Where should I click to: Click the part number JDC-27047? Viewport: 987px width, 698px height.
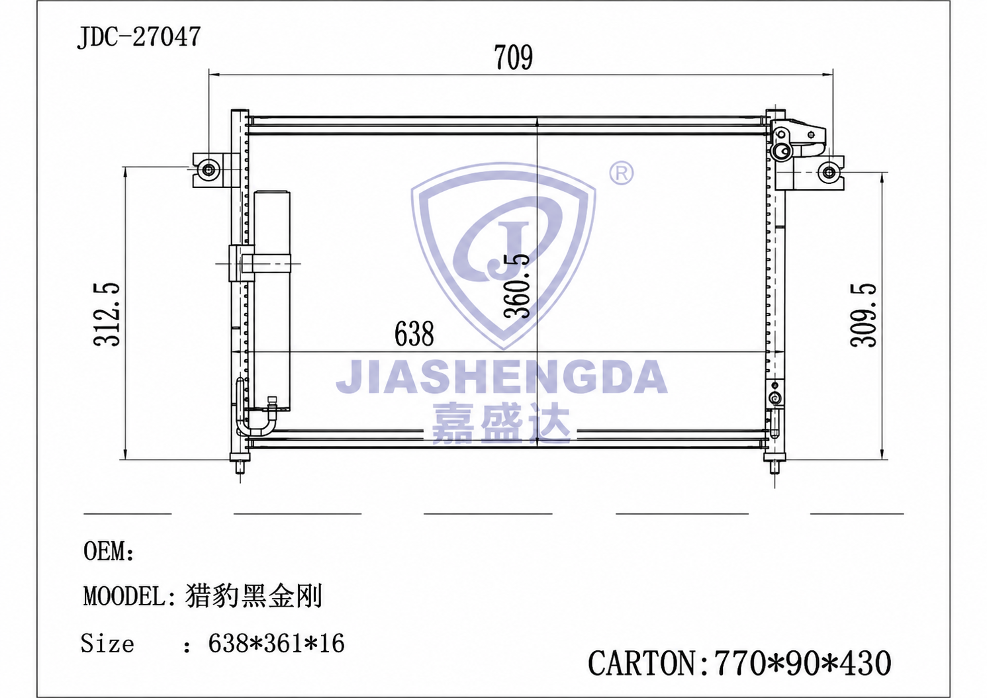[x=139, y=36]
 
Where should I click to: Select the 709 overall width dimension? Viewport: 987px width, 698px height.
[x=513, y=58]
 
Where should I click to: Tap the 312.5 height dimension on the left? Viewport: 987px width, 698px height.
[x=107, y=314]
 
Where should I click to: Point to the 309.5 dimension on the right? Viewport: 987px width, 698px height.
[x=864, y=316]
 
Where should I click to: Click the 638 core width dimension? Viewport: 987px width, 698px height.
[x=414, y=334]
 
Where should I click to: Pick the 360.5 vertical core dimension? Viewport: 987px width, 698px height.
[x=516, y=285]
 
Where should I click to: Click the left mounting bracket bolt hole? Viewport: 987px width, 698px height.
[x=209, y=169]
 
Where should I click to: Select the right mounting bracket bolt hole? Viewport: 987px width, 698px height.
[x=829, y=172]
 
